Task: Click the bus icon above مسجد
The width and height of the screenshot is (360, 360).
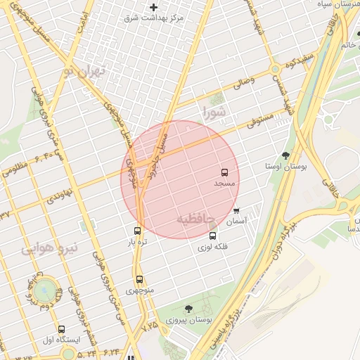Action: point(225,172)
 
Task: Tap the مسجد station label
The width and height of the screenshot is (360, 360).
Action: point(225,183)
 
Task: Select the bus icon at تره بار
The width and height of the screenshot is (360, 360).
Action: point(137,231)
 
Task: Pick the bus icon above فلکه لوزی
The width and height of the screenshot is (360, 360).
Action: point(213,236)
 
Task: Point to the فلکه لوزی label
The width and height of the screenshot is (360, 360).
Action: point(212,247)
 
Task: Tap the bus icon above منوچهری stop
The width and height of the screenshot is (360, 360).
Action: point(139,279)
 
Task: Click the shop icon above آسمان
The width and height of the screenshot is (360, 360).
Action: point(236,210)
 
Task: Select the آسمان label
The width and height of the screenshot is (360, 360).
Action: point(236,221)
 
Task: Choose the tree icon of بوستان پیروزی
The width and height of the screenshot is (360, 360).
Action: point(188,308)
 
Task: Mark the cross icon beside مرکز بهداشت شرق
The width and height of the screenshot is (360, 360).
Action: point(153,7)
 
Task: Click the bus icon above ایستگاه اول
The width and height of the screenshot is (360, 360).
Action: point(62,329)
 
